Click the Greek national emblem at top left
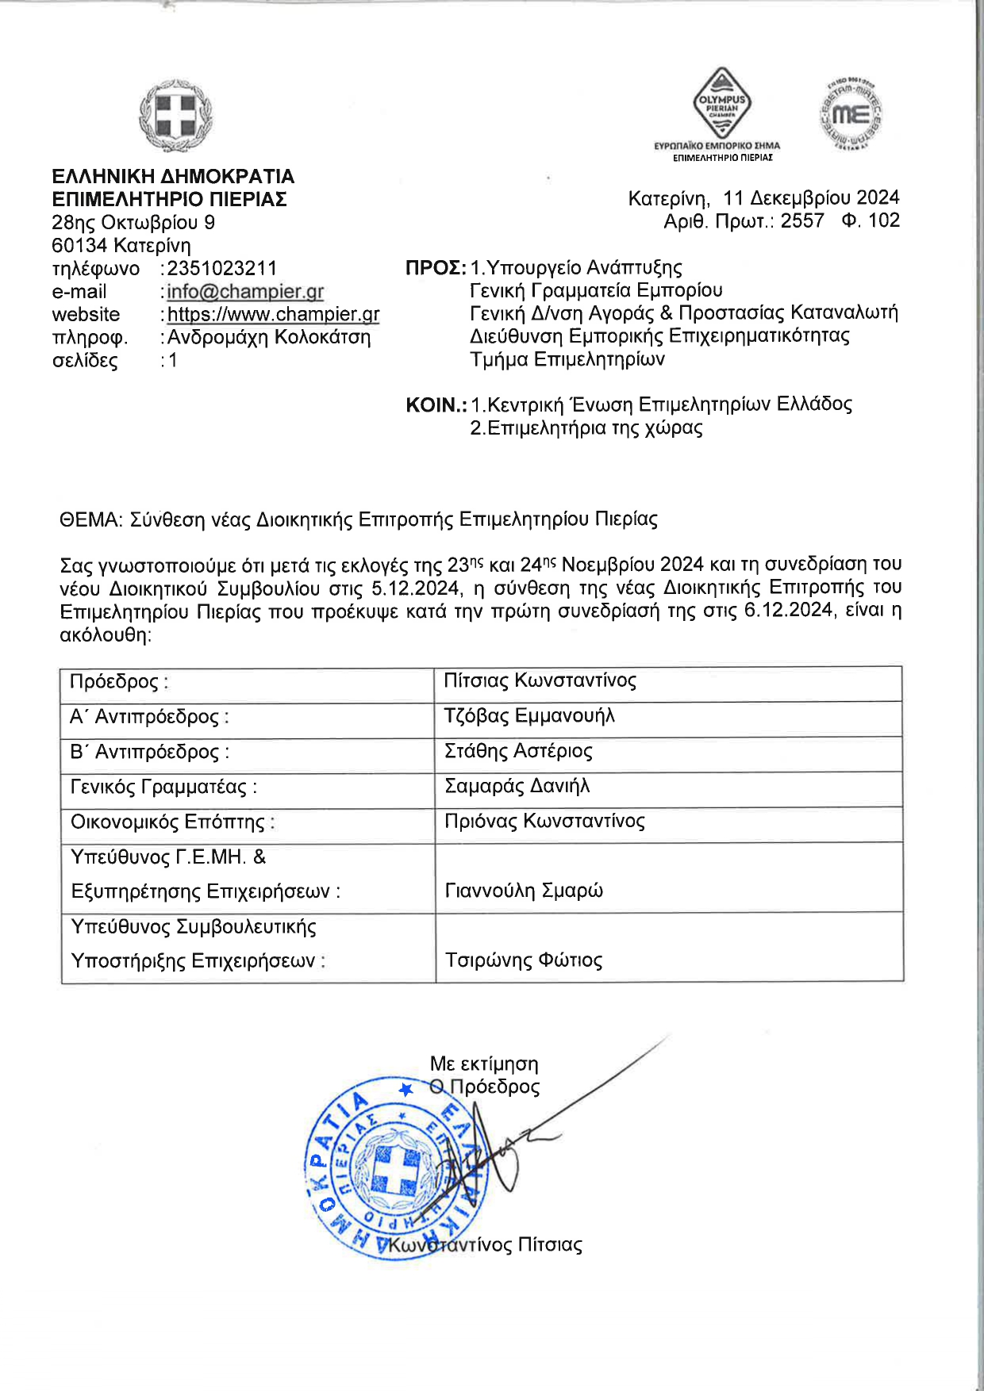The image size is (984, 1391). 175,117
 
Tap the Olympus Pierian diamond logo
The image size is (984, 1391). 721,103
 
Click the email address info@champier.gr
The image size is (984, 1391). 245,292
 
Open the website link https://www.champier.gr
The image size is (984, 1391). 273,315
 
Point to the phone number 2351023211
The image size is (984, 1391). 222,269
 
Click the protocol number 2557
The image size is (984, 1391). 802,220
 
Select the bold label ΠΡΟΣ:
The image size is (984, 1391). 436,268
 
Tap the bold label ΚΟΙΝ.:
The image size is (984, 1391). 436,405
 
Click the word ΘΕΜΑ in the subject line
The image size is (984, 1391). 90,520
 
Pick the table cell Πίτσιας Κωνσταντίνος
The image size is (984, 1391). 540,681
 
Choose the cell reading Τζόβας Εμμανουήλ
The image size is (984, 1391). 529,716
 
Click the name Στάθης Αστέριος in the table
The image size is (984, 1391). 518,751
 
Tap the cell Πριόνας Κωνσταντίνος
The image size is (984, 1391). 544,822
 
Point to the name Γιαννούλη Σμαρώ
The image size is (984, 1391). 524,891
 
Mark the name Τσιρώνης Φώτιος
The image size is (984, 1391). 524,960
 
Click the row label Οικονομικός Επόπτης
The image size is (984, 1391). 172,822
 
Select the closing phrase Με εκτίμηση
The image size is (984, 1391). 484,1064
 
